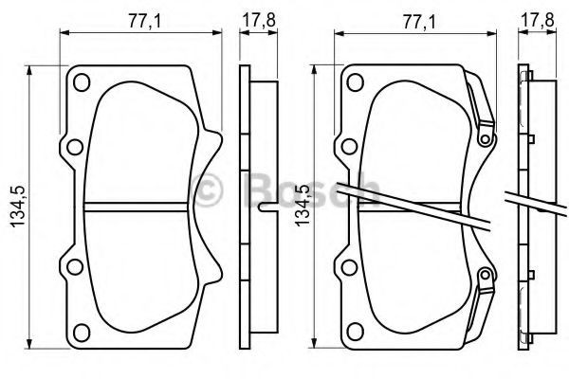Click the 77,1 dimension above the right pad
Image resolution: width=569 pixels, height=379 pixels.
419,21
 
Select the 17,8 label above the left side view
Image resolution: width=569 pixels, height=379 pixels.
259,20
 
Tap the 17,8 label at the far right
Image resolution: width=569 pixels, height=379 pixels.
538,20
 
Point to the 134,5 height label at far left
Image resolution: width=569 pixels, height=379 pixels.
18,207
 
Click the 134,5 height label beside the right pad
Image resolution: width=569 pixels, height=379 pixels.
302,206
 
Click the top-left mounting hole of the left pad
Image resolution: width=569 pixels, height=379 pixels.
82,82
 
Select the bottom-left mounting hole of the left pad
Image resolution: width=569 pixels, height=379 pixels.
82,333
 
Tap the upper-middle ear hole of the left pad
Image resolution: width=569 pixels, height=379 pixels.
75,147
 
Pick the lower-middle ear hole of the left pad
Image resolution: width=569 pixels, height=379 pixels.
75,267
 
